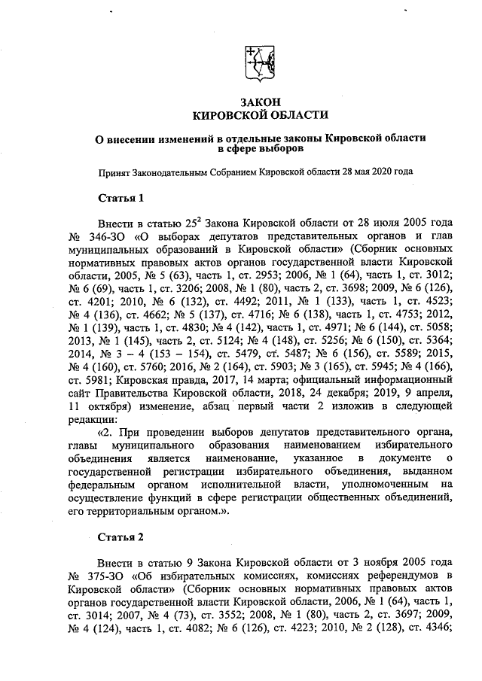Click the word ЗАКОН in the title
[x=260, y=102]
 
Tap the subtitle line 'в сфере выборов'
[x=260, y=149]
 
